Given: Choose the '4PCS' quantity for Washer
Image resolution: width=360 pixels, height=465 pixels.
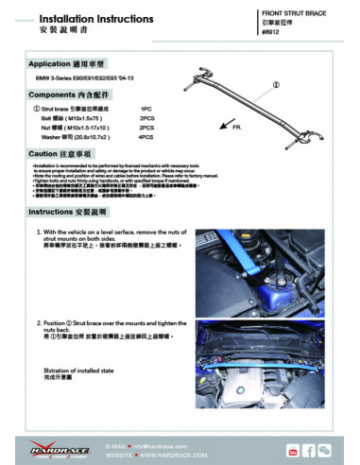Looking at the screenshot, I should pyautogui.click(x=146, y=136).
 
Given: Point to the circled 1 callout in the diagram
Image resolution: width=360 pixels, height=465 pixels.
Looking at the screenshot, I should pyautogui.click(x=276, y=84).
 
